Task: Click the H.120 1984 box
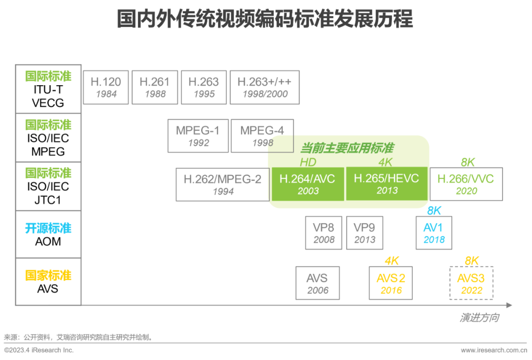click(106, 87)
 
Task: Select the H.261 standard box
click(155, 87)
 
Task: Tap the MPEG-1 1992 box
click(198, 136)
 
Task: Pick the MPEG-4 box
click(262, 136)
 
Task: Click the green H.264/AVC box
click(308, 184)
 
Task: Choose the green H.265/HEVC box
click(387, 184)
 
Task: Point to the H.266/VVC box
click(466, 184)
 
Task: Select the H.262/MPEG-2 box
click(223, 184)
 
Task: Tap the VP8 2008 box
click(324, 233)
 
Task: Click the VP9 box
click(365, 233)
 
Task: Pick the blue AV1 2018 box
click(434, 233)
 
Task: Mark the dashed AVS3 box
click(471, 283)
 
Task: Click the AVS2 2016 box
click(391, 283)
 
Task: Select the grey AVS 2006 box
click(317, 283)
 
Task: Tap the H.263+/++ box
click(265, 87)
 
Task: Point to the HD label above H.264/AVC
click(308, 163)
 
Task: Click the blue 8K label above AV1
click(434, 211)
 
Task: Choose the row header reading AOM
click(48, 241)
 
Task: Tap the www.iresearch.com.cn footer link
click(494, 350)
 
